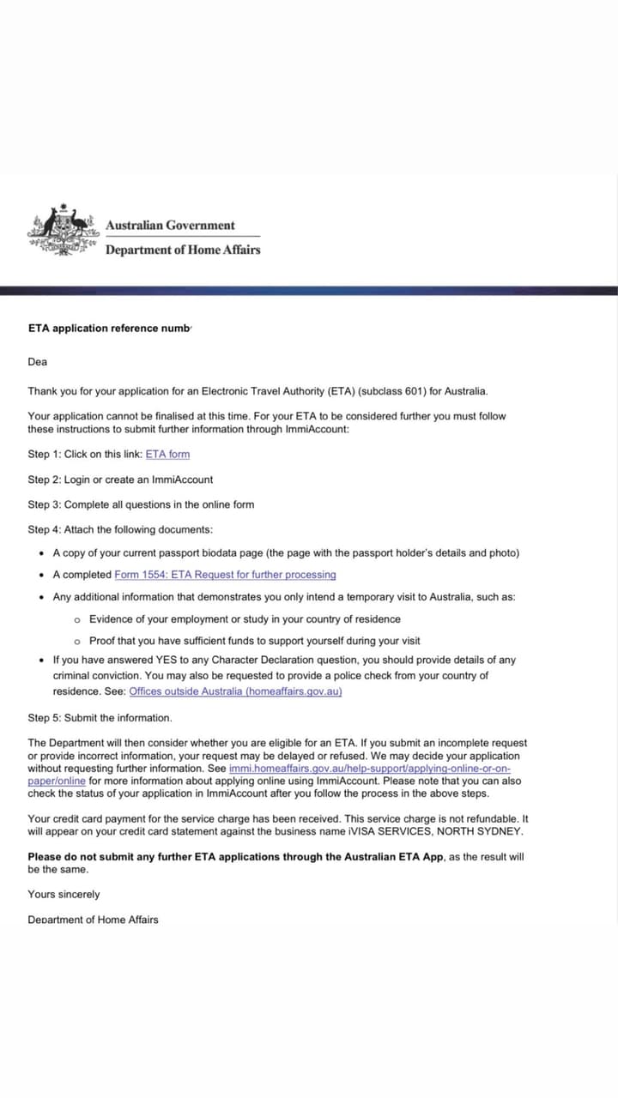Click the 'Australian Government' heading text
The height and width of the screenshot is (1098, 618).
click(170, 226)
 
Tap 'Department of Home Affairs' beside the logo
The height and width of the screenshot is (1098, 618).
click(182, 250)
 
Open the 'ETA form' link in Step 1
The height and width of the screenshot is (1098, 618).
click(167, 454)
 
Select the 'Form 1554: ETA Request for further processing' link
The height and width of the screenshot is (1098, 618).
click(225, 575)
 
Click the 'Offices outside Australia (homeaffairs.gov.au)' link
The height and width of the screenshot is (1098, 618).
click(235, 691)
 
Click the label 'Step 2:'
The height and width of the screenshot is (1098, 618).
click(45, 480)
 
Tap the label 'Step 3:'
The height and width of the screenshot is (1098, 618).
click(45, 504)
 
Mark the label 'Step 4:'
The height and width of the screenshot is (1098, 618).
click(45, 529)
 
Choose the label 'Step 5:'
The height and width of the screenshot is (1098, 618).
click(45, 718)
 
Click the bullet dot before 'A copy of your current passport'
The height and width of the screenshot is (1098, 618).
click(43, 553)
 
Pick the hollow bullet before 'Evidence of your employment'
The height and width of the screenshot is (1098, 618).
click(77, 619)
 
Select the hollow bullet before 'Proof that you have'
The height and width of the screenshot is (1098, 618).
click(77, 642)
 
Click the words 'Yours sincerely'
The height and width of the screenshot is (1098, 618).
click(64, 894)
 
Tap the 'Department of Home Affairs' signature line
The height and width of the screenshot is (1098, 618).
click(93, 920)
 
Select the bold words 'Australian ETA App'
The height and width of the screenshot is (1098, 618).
click(393, 857)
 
